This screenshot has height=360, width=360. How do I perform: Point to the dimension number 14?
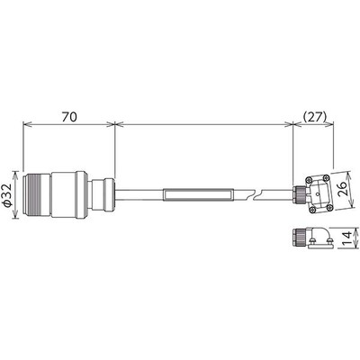point(343,241)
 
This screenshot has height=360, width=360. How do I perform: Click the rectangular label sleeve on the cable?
point(197,193)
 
